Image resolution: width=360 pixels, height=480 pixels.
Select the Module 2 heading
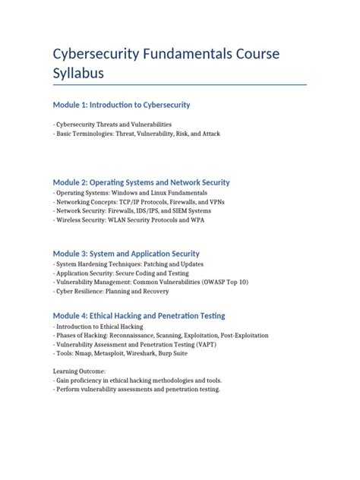141,182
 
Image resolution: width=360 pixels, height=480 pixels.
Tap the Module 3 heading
126,253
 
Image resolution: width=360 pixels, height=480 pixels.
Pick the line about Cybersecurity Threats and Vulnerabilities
112,124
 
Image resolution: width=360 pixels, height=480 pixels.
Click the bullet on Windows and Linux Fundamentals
120,194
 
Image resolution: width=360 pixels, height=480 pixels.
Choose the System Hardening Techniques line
125,264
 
